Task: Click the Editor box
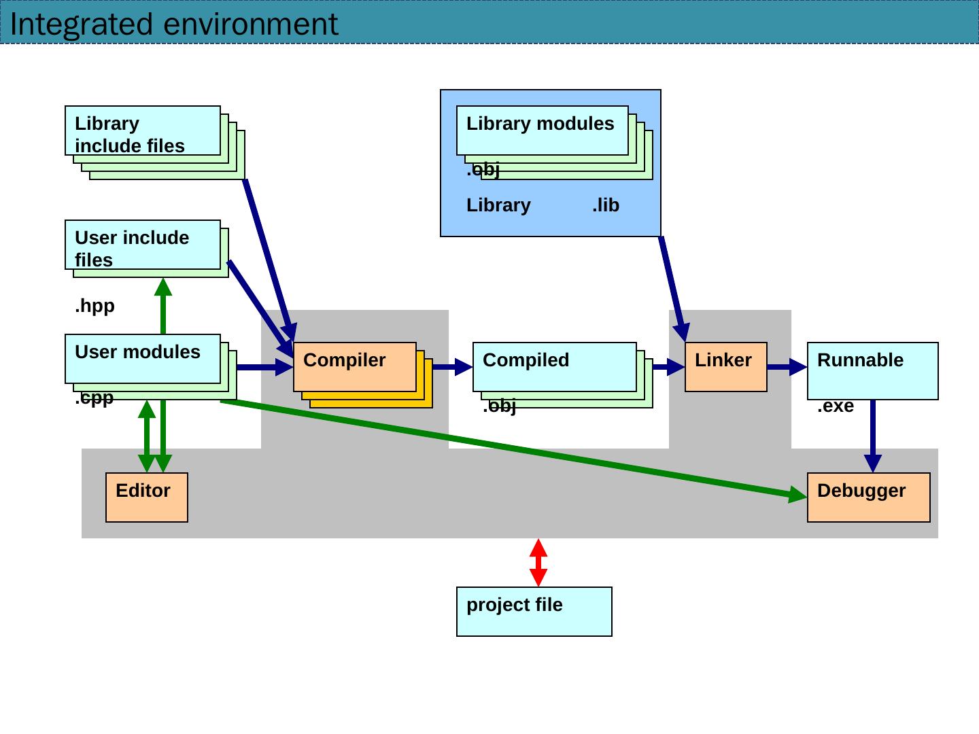click(x=147, y=497)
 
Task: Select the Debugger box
click(x=868, y=497)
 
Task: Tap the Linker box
click(x=725, y=367)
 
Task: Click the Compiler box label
click(x=344, y=360)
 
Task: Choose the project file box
click(x=534, y=612)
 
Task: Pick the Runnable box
click(x=872, y=371)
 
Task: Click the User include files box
click(x=143, y=245)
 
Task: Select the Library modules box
click(x=542, y=130)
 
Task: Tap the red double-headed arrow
click(x=538, y=563)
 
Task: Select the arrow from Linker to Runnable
click(x=787, y=367)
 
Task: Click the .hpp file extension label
click(x=95, y=307)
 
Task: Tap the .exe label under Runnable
click(x=835, y=406)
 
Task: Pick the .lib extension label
click(x=606, y=205)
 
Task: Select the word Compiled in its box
click(x=526, y=360)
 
